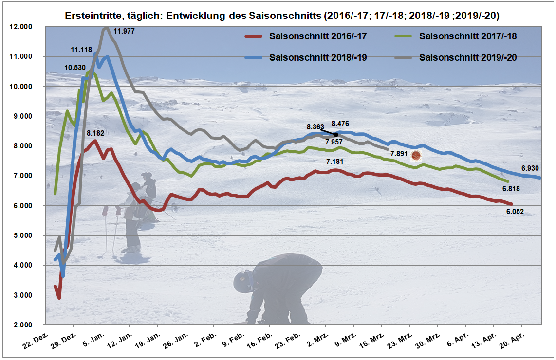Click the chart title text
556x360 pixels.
tap(282, 16)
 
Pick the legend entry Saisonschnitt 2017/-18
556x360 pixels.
tap(467, 36)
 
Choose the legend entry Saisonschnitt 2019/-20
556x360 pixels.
tap(467, 57)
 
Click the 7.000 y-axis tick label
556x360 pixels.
tap(21, 176)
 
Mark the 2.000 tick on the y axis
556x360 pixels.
tap(21, 325)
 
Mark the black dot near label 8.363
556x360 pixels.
tap(336, 135)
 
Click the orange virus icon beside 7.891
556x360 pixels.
tap(416, 156)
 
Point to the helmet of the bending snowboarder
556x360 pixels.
tap(242, 281)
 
